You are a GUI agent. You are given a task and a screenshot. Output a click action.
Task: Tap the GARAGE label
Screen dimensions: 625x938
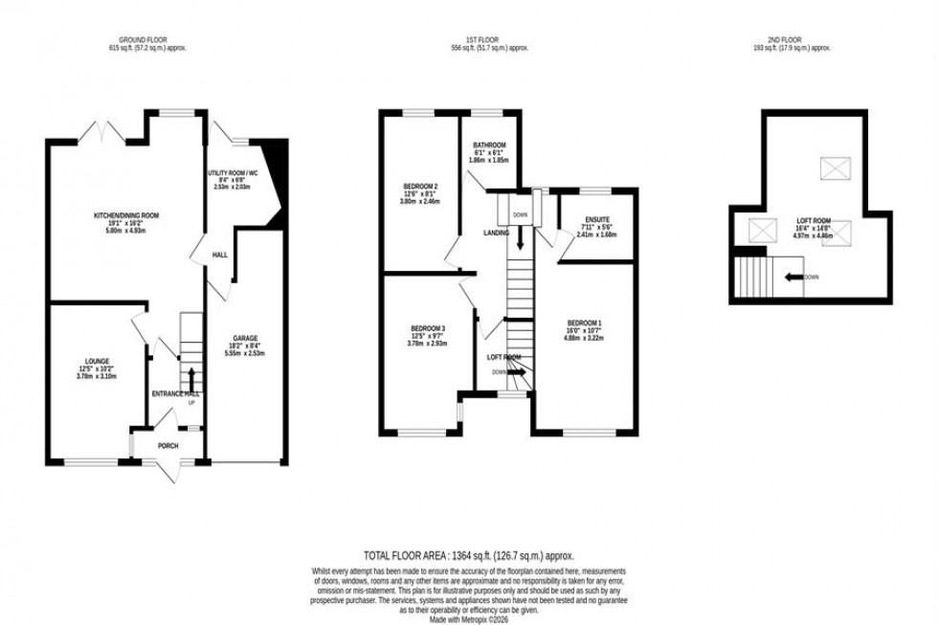tap(247, 339)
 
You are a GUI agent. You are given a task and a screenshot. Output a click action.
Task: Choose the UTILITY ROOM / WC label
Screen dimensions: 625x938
tap(234, 173)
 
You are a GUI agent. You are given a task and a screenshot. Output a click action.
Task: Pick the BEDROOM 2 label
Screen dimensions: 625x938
tap(422, 186)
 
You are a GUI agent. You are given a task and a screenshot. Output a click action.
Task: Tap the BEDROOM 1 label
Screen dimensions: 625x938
tap(583, 322)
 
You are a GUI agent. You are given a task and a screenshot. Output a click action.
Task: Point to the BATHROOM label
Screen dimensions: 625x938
tap(488, 145)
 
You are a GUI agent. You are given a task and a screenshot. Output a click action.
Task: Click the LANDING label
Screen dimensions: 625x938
tap(497, 233)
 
